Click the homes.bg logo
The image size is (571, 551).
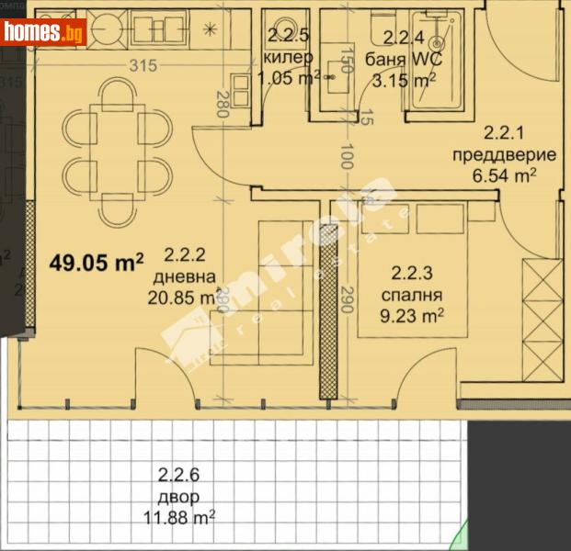click(x=43, y=32)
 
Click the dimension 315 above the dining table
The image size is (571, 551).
click(x=139, y=65)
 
